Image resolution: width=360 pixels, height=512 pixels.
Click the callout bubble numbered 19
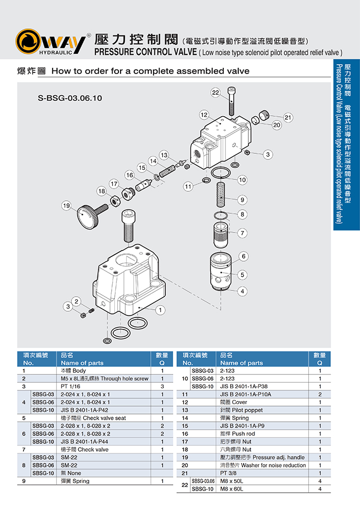click(66, 205)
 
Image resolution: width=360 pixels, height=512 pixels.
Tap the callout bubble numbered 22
click(216, 92)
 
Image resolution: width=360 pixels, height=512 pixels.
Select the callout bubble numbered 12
click(204, 115)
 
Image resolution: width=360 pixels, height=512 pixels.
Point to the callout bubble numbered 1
click(162, 310)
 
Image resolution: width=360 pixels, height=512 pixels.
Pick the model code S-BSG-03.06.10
click(70, 97)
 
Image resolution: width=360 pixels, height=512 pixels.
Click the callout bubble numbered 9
click(242, 199)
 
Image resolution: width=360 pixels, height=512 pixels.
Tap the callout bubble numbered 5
click(243, 275)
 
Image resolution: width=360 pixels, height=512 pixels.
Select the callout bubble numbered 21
click(287, 117)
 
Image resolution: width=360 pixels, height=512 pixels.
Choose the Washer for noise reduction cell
click(262, 465)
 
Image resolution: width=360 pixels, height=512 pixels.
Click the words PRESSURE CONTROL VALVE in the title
click(145, 52)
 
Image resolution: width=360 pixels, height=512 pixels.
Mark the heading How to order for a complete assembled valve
click(150, 71)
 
